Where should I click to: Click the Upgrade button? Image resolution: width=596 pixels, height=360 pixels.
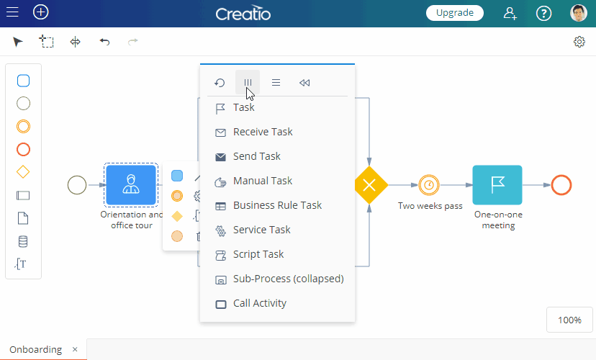pos(455,13)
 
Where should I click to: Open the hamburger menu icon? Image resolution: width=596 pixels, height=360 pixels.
pos(12,12)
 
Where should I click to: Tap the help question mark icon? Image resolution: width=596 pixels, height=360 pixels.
pos(543,13)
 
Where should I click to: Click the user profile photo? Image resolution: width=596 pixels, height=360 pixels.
pos(579,13)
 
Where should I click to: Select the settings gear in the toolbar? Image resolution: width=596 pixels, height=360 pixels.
pos(579,42)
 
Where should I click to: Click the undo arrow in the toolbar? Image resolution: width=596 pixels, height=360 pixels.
pos(104,42)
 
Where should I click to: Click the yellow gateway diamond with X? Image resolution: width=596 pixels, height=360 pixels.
pos(369,185)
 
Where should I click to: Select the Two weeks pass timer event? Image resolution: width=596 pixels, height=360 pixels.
pos(429,185)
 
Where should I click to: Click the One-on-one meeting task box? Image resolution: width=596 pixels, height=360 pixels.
pos(497,185)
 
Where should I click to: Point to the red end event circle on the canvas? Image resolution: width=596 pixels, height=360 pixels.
pos(561,185)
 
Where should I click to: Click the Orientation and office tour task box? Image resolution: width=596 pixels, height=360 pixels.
pos(131,185)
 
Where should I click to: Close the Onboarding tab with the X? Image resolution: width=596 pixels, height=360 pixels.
pos(75,349)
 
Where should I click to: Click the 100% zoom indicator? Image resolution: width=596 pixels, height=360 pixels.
pos(569,320)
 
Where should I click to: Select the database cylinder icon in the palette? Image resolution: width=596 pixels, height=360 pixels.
pos(23,241)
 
